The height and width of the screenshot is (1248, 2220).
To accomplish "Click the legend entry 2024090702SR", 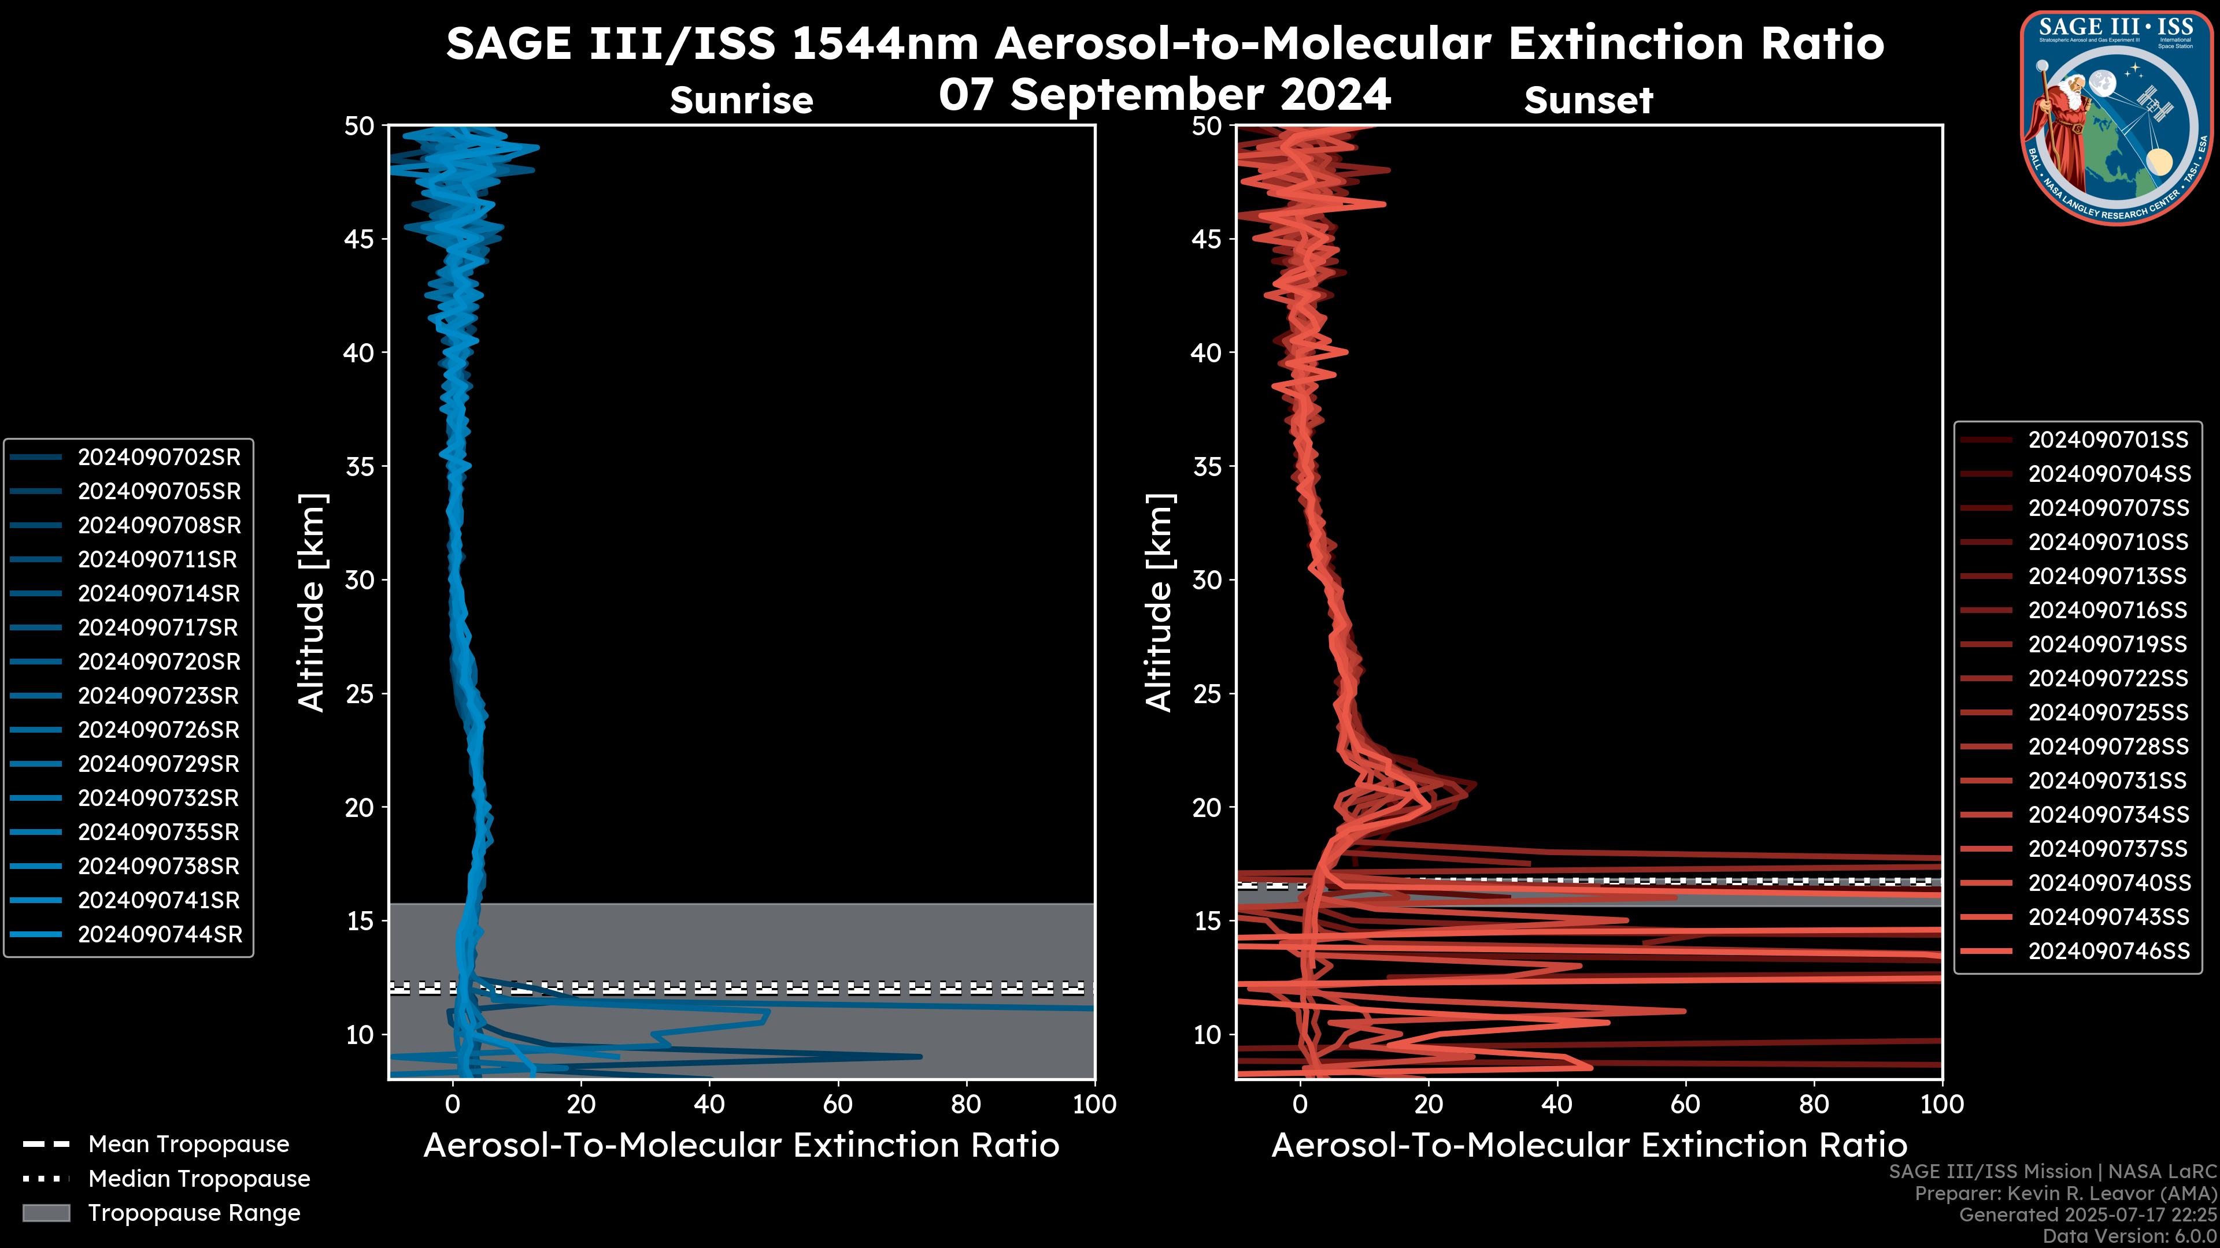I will click(x=158, y=458).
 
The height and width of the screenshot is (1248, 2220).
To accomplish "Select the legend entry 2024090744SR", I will click(x=160, y=934).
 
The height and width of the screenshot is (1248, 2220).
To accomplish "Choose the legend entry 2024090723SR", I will click(x=158, y=696).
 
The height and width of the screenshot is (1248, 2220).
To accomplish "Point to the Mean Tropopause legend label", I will click(x=188, y=1145).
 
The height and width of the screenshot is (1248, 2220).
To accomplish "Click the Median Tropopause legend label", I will click(x=199, y=1179).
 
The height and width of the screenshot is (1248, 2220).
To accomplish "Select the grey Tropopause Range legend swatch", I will click(x=46, y=1213).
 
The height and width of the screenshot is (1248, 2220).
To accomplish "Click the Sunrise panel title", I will click(x=741, y=101).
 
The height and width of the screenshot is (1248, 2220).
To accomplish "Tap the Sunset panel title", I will click(x=1588, y=101).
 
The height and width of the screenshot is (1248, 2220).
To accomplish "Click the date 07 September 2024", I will click(x=1164, y=95).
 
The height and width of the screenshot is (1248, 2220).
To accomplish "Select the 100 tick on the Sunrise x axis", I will click(x=1094, y=1104).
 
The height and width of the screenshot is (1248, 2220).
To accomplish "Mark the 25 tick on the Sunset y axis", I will click(x=1207, y=693).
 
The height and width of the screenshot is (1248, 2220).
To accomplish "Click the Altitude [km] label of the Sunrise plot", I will click(x=311, y=602).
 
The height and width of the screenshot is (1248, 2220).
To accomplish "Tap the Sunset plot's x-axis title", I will click(x=1588, y=1146).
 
